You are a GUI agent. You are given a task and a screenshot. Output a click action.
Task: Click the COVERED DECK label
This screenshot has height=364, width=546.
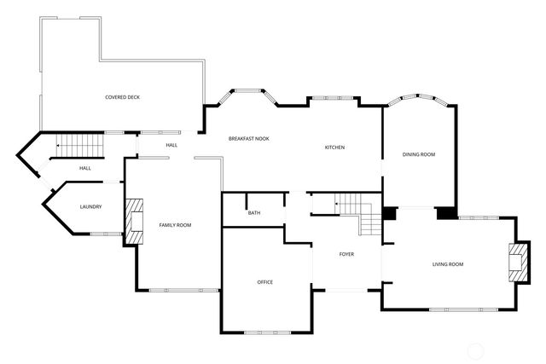point(122,97)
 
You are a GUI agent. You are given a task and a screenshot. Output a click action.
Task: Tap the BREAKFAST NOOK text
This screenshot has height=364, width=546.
point(248,138)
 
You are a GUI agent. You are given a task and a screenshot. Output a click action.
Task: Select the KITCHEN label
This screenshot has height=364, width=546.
point(334,148)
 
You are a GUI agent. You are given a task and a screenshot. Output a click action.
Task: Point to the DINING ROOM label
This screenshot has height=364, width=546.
point(419,154)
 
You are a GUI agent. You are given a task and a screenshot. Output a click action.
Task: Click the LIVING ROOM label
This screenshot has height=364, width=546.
point(447,264)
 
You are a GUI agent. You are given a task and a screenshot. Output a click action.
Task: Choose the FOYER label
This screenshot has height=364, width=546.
point(346,254)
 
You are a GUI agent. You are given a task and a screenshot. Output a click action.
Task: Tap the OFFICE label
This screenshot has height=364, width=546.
point(265,281)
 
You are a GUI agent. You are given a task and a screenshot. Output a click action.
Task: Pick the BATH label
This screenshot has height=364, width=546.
point(254,212)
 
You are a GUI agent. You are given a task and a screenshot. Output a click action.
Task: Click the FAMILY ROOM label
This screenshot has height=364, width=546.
point(175,224)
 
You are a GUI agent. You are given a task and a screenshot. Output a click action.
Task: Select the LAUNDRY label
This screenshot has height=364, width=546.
point(90,207)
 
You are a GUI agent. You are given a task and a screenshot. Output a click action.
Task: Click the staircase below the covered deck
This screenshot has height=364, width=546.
point(78,147)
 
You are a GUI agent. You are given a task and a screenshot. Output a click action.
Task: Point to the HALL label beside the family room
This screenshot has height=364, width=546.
point(171,146)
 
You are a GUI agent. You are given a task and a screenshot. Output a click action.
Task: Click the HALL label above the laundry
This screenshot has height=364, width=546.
point(85,168)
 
